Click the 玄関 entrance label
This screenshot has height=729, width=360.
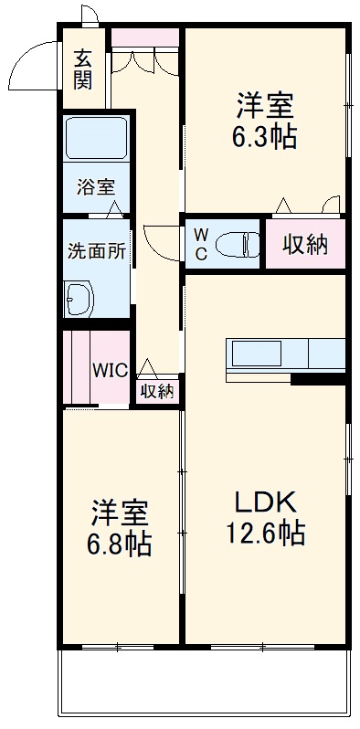tap(83, 69)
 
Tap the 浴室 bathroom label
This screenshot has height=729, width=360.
tap(95, 187)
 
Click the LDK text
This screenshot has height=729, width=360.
tap(265, 502)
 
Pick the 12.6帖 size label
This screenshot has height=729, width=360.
tap(266, 533)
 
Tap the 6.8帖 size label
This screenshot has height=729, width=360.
tap(120, 544)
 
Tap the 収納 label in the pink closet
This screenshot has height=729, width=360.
tap(304, 245)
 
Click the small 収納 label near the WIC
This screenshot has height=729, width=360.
tap(157, 392)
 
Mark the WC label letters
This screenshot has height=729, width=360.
tap(200, 244)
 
